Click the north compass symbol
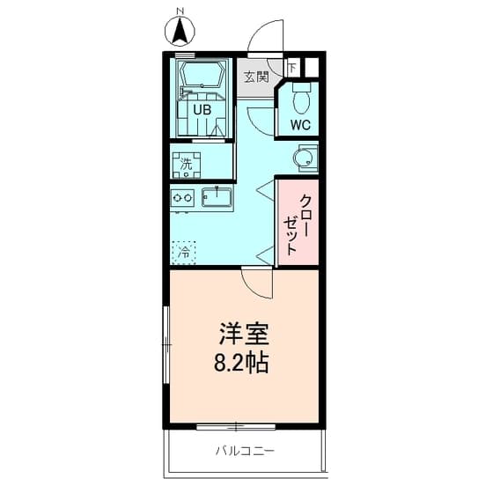180,33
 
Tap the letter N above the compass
180,11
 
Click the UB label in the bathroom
202,110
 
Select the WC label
301,126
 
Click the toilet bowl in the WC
302,100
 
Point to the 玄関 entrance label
255,77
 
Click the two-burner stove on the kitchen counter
184,198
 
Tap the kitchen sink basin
216,197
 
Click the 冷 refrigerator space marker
185,253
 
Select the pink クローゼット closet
298,222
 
